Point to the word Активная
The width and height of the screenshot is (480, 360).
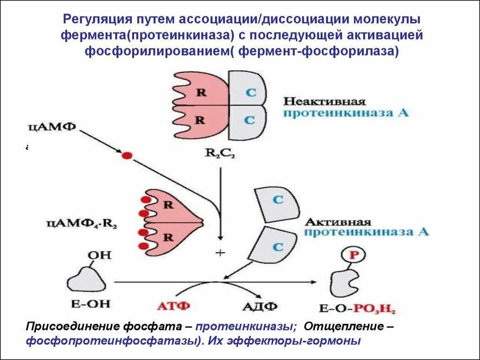(x=337, y=222)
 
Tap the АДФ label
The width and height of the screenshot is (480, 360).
(x=259, y=307)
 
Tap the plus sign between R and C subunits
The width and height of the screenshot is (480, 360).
(x=220, y=253)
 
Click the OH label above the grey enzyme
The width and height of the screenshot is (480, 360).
(x=99, y=255)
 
